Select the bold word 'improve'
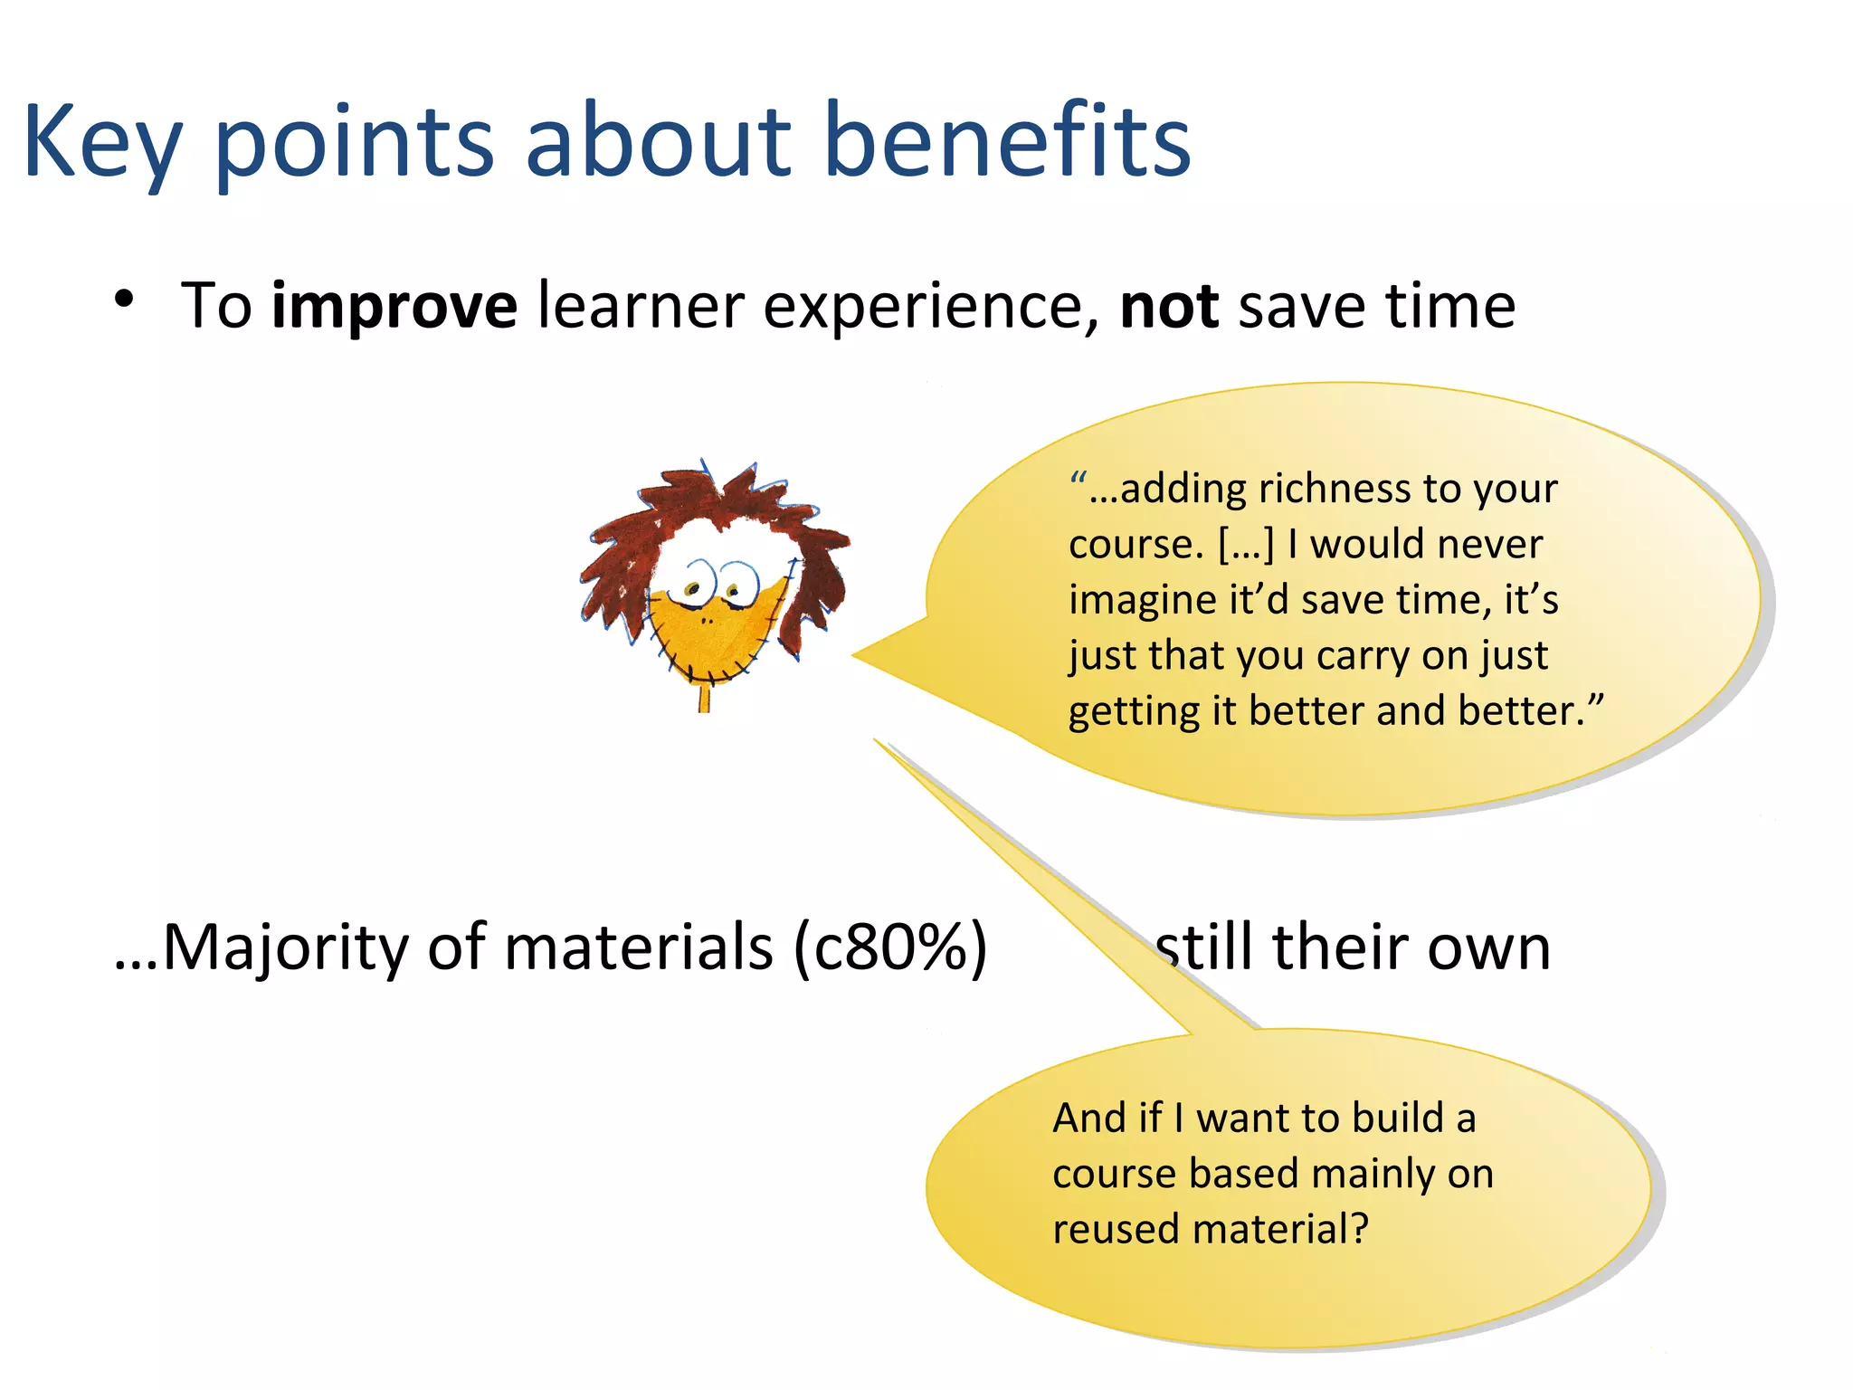click(394, 307)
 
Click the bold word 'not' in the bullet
click(1169, 307)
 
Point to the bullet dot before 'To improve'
click(125, 300)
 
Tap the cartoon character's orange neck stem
click(704, 698)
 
